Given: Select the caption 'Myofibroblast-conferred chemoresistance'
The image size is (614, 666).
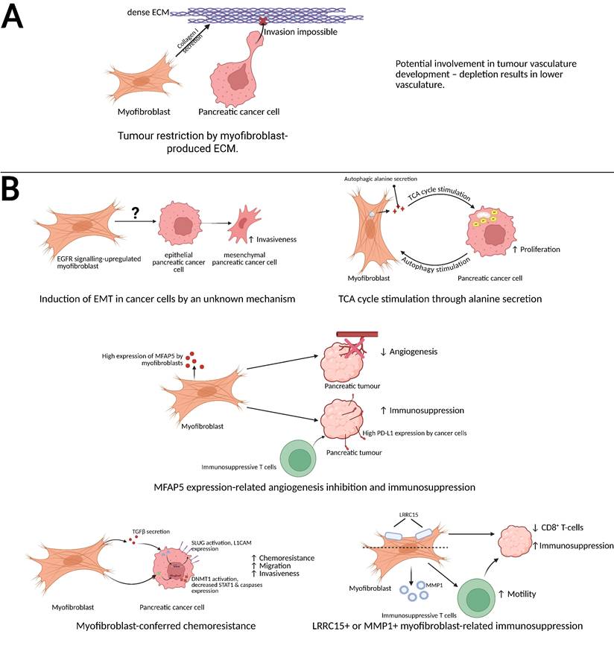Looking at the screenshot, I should point(166,625).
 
